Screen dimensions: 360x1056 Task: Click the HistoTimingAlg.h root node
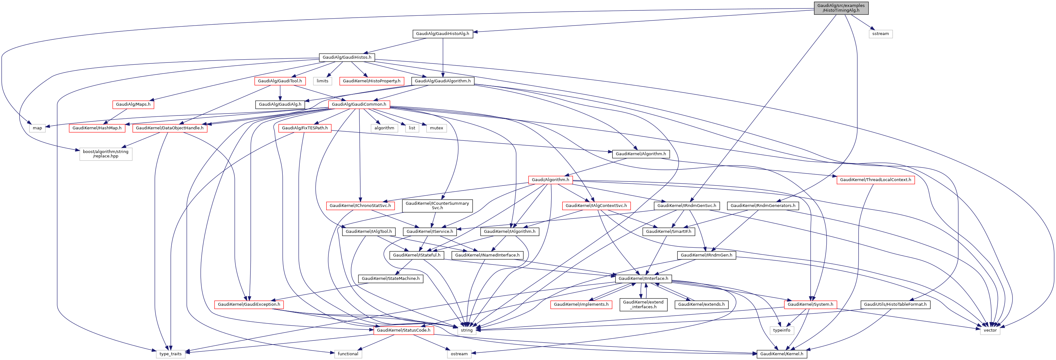(x=841, y=8)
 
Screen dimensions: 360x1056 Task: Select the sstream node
(x=880, y=34)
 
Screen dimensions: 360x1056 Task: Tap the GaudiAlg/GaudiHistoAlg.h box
(x=442, y=34)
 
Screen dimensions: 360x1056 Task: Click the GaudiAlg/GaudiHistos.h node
(x=347, y=57)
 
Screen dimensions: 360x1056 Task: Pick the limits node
(x=322, y=81)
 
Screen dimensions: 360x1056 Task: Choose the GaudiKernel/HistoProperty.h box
(x=371, y=81)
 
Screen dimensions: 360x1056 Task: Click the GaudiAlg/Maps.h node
(x=133, y=104)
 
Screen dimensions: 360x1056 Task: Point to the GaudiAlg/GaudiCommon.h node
(x=359, y=104)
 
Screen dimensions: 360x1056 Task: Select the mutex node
(x=436, y=128)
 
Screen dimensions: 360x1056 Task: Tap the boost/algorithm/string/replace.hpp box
(x=106, y=154)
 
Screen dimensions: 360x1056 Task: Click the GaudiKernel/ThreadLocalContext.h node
(x=875, y=180)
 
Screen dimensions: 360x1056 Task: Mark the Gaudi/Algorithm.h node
(x=550, y=180)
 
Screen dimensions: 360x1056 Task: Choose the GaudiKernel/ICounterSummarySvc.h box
(x=437, y=205)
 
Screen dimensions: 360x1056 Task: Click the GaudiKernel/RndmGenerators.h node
(x=763, y=205)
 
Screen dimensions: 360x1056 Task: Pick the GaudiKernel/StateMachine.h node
(x=390, y=278)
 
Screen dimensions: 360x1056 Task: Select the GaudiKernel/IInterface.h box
(x=643, y=278)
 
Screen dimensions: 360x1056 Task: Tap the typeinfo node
(x=781, y=330)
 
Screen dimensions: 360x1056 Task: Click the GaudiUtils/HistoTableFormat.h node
(x=895, y=304)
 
